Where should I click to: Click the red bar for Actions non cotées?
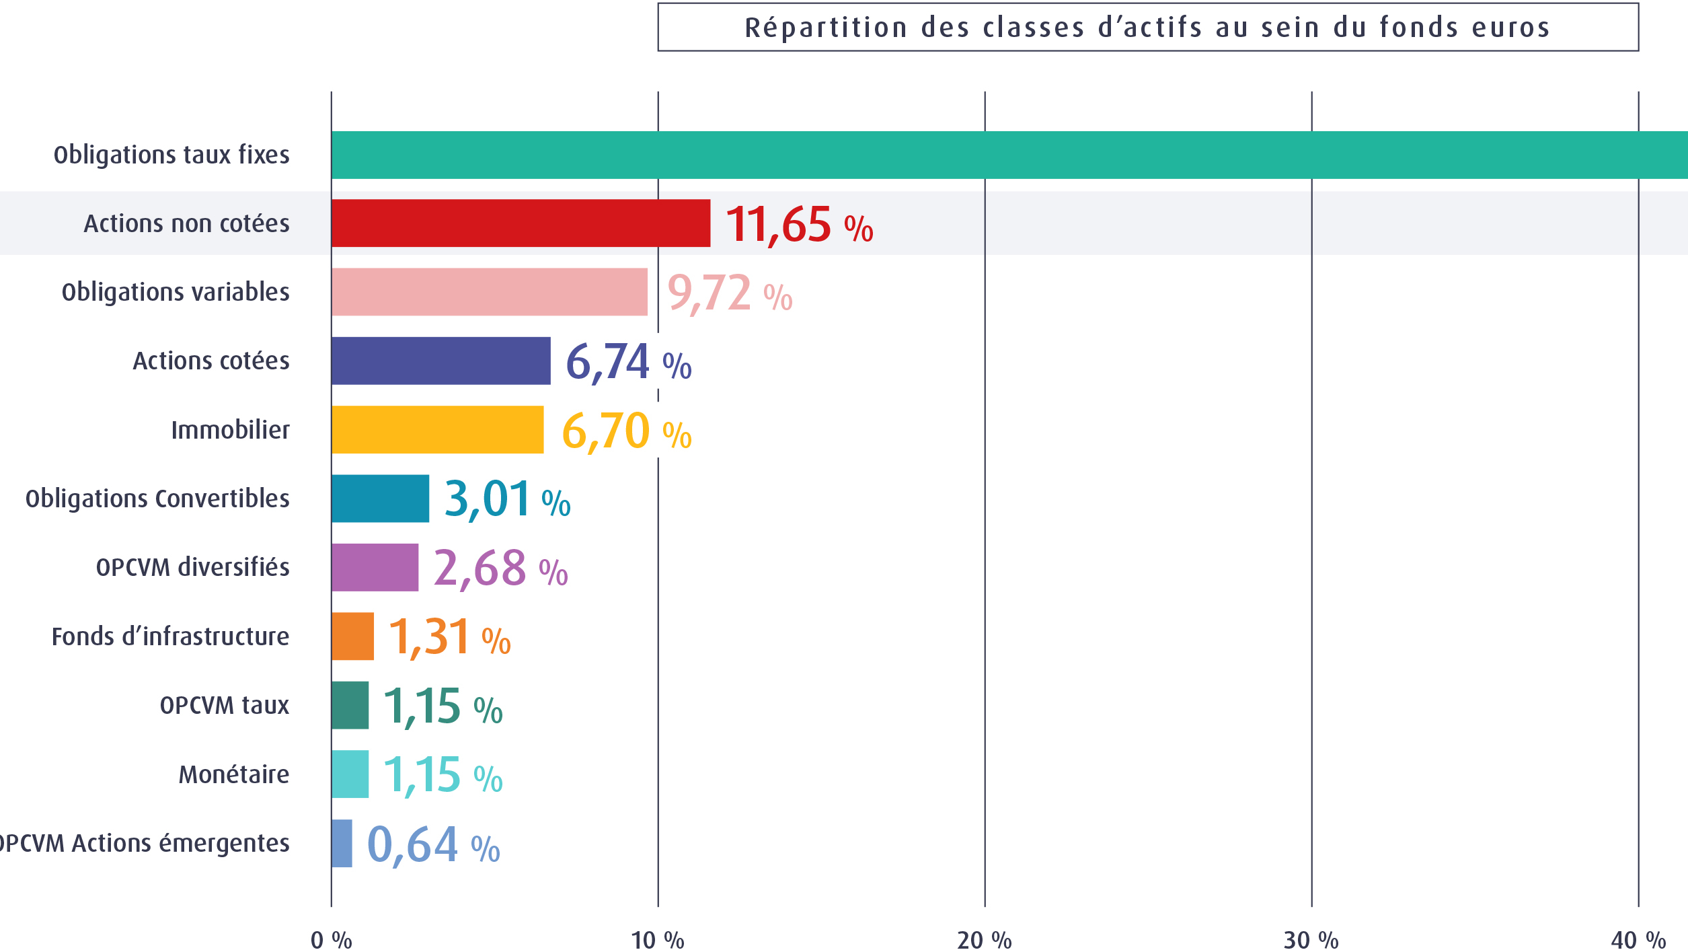[521, 223]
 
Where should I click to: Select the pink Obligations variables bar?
[489, 292]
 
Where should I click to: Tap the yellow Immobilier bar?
[437, 430]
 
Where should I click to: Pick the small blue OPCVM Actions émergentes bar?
[342, 843]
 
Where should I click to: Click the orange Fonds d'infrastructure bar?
[352, 636]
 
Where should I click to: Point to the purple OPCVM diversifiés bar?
[375, 568]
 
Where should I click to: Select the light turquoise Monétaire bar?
[350, 774]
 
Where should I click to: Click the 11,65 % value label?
[799, 225]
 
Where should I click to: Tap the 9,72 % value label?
[730, 294]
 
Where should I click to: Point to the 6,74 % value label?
[628, 363]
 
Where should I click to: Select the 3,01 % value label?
[507, 499]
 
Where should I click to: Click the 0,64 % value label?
[433, 845]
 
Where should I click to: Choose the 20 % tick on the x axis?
[985, 940]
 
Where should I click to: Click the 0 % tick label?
[331, 940]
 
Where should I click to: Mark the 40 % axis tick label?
[1638, 940]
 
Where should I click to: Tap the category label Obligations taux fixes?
[171, 155]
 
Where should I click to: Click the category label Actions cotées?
[211, 361]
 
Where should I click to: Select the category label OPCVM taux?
[225, 706]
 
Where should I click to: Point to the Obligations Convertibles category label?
[157, 499]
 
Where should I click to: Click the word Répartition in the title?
[827, 28]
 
